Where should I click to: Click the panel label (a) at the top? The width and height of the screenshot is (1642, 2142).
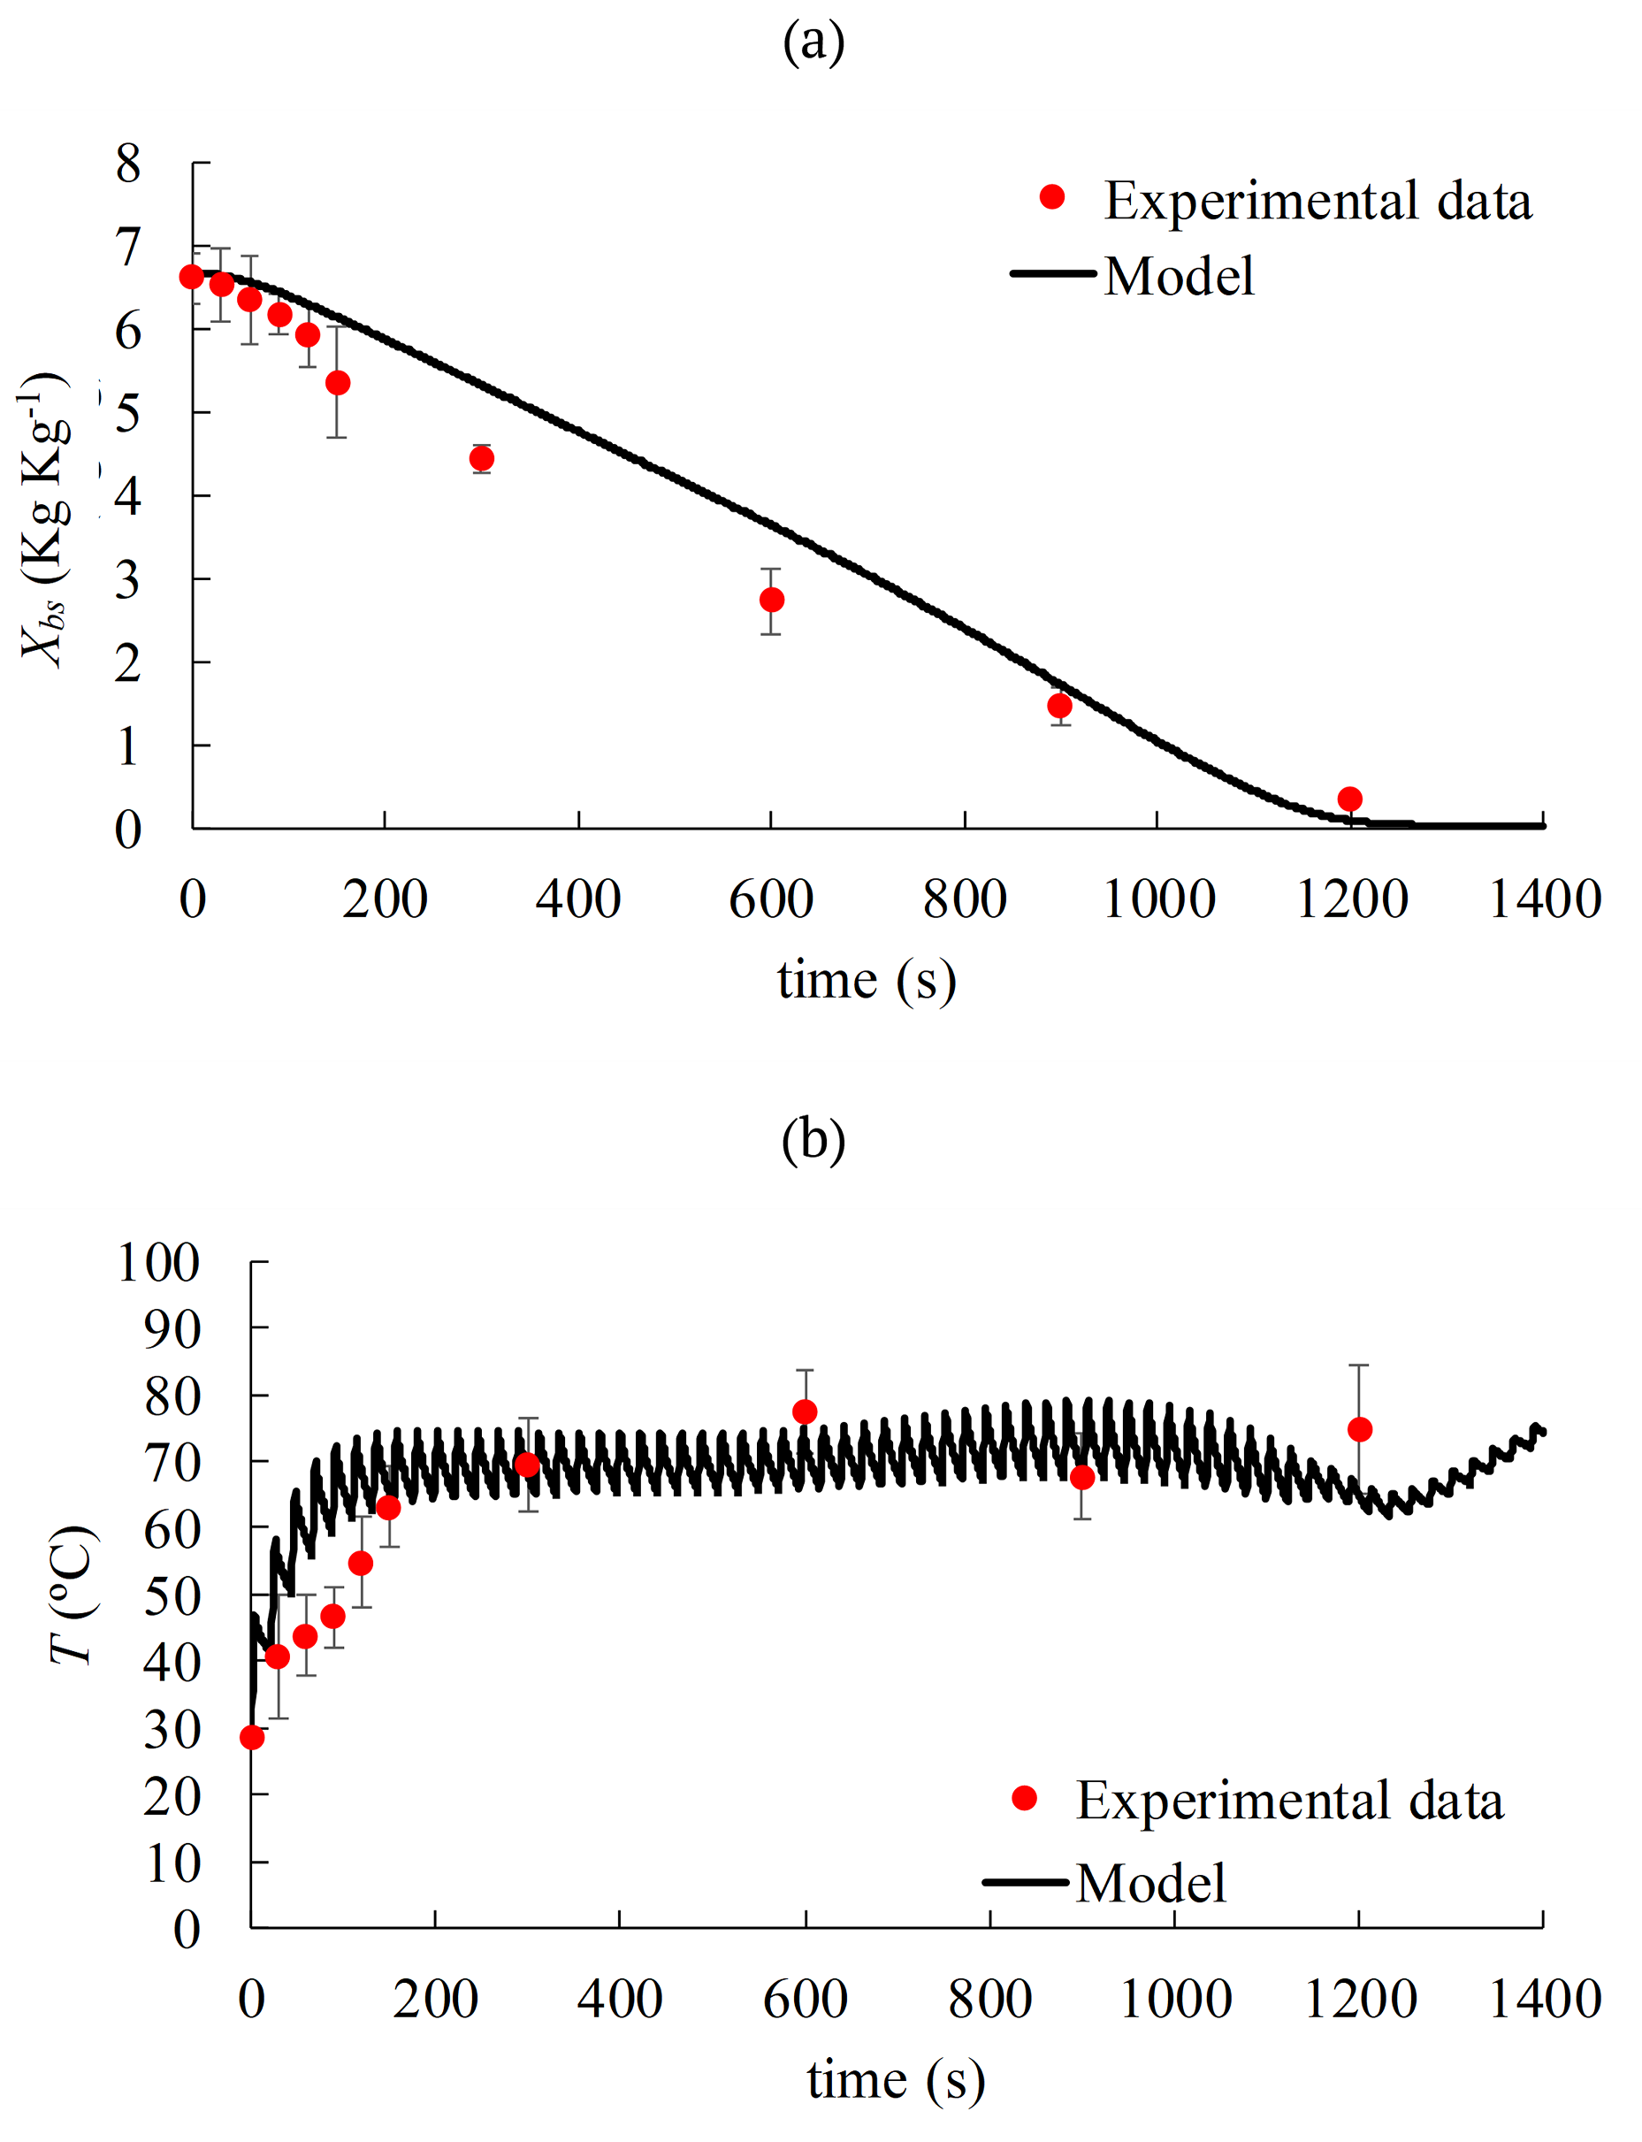[x=813, y=42]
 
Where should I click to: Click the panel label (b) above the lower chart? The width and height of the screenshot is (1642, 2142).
[x=813, y=1140]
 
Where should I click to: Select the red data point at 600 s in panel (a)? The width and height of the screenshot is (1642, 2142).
[x=771, y=600]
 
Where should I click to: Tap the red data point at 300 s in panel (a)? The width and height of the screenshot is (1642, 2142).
[x=481, y=458]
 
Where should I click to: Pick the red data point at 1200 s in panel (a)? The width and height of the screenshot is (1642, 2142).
[x=1349, y=799]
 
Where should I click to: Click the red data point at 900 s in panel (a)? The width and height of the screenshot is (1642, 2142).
[x=1059, y=706]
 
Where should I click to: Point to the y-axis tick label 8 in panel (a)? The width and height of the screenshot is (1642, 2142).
[x=128, y=164]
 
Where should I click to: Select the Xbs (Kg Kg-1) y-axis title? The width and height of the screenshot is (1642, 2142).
[x=45, y=518]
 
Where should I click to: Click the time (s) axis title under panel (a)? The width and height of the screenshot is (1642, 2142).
[x=866, y=980]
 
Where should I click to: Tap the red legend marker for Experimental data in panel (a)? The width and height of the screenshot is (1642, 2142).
[x=1051, y=197]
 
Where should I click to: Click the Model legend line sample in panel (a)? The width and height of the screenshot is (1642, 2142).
[x=1052, y=274]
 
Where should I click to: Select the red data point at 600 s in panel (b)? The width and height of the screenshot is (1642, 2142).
[x=805, y=1411]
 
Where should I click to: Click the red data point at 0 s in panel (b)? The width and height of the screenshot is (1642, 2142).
[x=251, y=1737]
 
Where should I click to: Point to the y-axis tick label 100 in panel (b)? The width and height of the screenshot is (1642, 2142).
[x=158, y=1262]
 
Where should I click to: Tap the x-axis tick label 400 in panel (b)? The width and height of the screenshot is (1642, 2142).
[x=620, y=2000]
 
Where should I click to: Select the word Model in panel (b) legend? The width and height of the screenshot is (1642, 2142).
[x=1150, y=1883]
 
